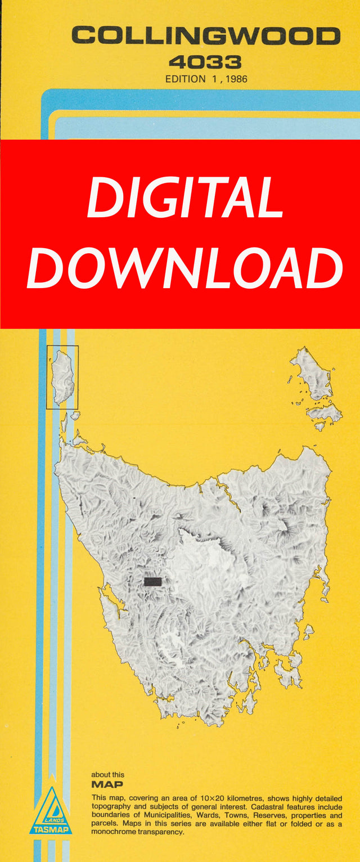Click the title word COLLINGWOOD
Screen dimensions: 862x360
205,37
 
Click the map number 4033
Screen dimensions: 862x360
205,61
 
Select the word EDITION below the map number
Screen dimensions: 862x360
185,79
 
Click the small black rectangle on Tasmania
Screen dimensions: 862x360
152,581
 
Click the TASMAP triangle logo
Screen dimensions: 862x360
51,811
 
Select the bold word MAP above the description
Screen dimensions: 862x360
107,784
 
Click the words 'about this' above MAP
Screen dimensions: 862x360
108,775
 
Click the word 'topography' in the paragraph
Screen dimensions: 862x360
112,807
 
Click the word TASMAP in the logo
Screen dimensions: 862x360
51,829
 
